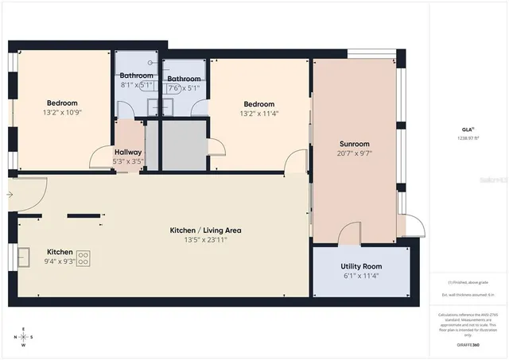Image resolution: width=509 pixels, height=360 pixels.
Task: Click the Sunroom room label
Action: [354, 142]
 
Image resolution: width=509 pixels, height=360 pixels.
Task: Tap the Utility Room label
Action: [361, 266]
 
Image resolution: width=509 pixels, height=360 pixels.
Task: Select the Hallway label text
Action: [128, 152]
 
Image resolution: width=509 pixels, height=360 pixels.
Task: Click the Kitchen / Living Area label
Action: [205, 230]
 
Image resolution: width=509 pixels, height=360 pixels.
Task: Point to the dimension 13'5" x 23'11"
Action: [205, 240]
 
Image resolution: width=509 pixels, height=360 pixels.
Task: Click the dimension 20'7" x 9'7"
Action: [354, 153]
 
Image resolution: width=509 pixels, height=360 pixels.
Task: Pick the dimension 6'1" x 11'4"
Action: [361, 277]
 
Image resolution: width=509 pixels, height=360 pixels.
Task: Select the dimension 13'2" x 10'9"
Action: [61, 113]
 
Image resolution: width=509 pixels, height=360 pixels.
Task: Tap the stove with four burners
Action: [83, 258]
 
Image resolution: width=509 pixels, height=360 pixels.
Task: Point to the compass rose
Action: [24, 337]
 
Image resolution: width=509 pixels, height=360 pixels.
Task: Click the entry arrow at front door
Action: [9, 194]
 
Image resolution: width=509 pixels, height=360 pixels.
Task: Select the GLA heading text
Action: [468, 129]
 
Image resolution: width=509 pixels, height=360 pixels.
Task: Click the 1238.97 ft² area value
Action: [468, 138]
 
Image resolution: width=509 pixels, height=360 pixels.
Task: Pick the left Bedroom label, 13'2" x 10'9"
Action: [61, 103]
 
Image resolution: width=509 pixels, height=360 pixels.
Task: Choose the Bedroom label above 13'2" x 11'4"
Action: [258, 104]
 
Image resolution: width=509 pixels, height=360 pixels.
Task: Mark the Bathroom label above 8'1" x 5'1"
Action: [137, 75]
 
